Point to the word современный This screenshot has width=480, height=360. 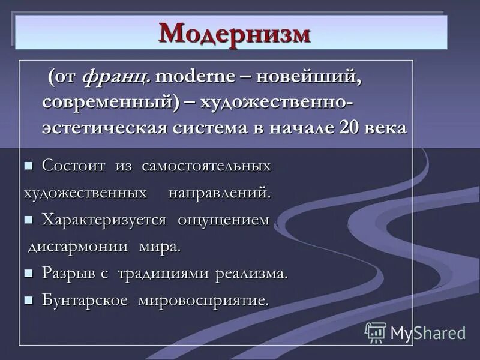(x=110, y=102)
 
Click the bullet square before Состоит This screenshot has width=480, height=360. (x=28, y=166)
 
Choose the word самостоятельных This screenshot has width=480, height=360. (x=206, y=166)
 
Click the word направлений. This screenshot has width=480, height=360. (x=220, y=193)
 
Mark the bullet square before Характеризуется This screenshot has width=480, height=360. (x=28, y=220)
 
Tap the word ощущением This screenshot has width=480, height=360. (x=223, y=220)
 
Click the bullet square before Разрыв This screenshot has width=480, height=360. (x=28, y=274)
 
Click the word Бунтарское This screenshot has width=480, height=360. (x=85, y=300)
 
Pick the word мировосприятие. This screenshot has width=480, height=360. (x=203, y=300)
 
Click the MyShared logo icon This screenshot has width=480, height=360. (x=376, y=332)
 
